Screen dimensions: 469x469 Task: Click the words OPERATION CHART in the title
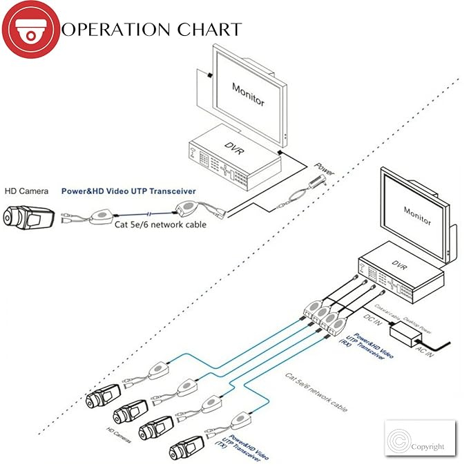(151, 30)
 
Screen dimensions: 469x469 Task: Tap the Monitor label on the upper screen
(248, 93)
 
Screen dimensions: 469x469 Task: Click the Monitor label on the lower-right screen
(417, 216)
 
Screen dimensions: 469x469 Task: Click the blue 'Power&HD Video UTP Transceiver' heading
(128, 191)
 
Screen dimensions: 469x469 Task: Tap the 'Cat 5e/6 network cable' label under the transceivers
(160, 224)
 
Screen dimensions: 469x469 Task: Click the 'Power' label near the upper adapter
(324, 167)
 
